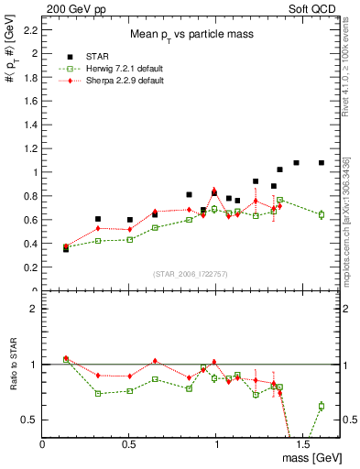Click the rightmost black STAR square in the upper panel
pyautogui.click(x=322, y=163)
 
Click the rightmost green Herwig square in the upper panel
pyautogui.click(x=322, y=214)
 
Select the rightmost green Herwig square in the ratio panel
pyautogui.click(x=322, y=406)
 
